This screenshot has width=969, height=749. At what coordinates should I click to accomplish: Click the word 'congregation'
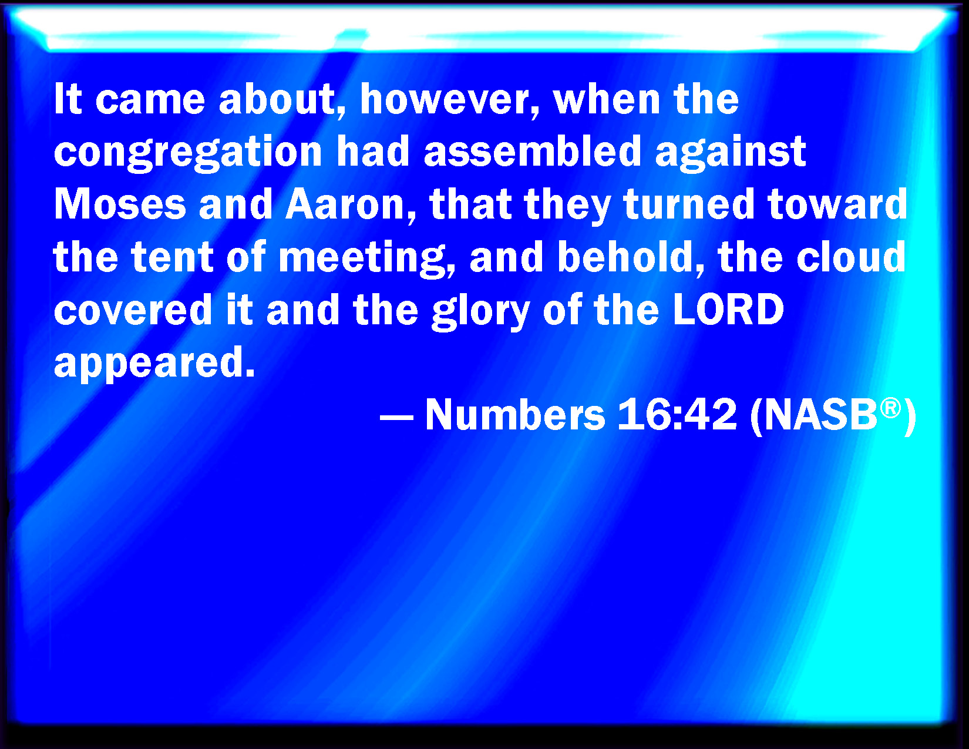(x=188, y=153)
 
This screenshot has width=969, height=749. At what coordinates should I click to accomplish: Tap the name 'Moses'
(x=119, y=204)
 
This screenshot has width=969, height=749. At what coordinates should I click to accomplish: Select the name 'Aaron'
(x=344, y=204)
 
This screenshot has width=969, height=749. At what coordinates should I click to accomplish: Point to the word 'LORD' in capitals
(x=728, y=309)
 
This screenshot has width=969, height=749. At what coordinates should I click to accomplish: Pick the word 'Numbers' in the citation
(x=515, y=414)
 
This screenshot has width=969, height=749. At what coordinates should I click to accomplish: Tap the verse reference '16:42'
(x=677, y=414)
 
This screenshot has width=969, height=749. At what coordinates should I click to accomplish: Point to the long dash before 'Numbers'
(x=396, y=420)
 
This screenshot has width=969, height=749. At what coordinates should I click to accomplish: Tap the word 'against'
(x=731, y=153)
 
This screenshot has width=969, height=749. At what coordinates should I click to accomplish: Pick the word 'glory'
(x=481, y=312)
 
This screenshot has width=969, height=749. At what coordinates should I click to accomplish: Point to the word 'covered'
(x=133, y=309)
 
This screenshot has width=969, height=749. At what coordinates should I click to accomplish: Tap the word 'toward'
(x=837, y=204)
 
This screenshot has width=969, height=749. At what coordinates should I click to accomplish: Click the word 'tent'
(x=173, y=257)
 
